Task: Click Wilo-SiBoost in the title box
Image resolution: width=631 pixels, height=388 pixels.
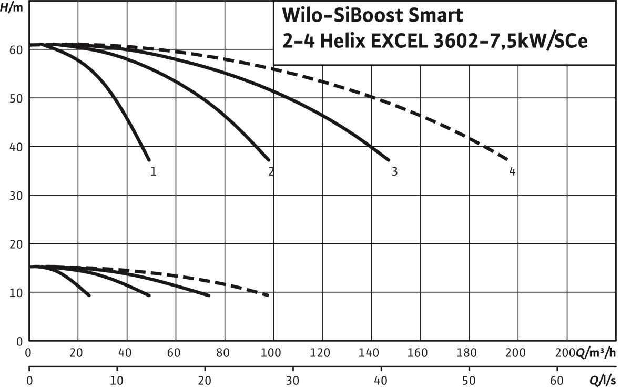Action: tap(341, 16)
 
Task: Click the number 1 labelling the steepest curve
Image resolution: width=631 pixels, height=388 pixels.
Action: tap(153, 171)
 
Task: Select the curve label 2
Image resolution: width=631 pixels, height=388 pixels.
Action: tap(271, 171)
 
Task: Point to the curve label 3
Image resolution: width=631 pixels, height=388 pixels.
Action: tap(394, 171)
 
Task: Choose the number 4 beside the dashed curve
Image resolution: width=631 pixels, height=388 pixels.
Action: tap(512, 171)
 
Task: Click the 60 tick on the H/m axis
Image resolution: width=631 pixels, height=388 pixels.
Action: tap(15, 50)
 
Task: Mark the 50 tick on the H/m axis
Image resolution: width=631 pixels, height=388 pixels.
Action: tap(15, 98)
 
